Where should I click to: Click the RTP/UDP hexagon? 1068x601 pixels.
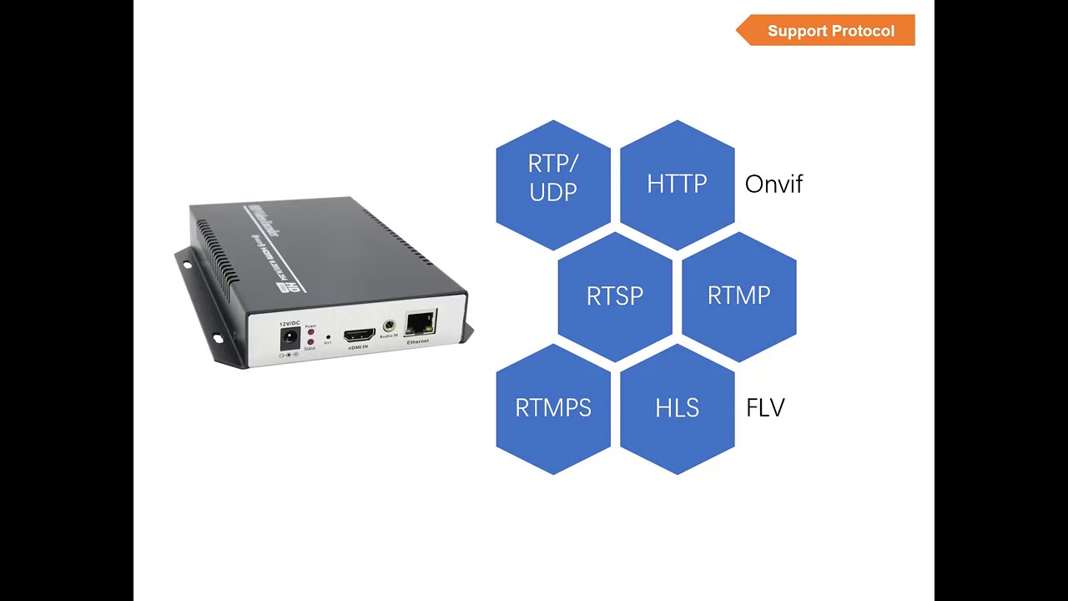[x=553, y=184]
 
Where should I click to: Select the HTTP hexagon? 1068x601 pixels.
[x=677, y=184]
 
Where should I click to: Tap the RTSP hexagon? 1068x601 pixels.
[x=615, y=296]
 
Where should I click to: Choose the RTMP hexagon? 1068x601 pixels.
[x=738, y=296]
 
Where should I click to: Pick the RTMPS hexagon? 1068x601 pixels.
[x=553, y=408]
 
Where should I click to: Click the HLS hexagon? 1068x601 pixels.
[x=677, y=408]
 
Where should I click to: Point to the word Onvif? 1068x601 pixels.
[x=773, y=184]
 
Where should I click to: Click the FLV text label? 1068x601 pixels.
[x=765, y=408]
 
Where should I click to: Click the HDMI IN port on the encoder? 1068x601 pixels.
[x=360, y=333]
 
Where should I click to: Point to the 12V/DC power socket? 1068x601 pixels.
[x=290, y=338]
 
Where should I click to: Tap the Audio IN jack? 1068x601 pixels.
[x=389, y=326]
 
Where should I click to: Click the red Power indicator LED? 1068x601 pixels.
[x=310, y=331]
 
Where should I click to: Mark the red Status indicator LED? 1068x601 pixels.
[x=310, y=342]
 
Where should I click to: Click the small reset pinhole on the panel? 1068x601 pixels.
[x=328, y=336]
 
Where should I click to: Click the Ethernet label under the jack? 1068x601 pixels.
[x=418, y=341]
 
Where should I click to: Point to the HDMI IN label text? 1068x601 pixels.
[x=358, y=346]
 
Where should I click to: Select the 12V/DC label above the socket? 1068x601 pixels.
[x=290, y=323]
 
